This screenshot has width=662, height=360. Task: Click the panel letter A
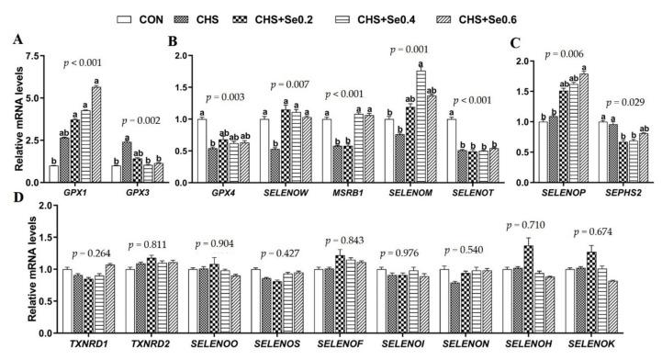pos(17,39)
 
